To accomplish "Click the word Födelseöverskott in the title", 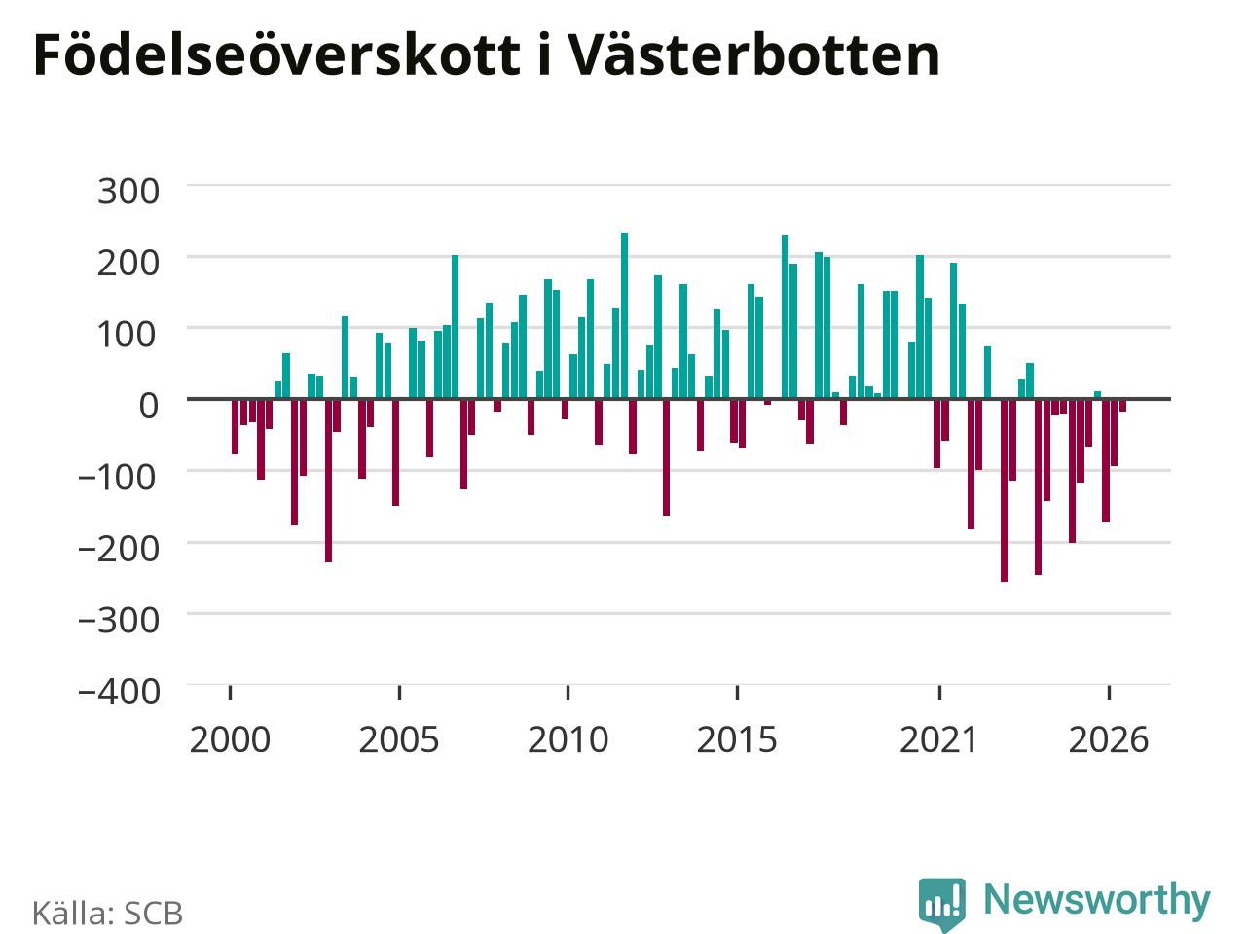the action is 277,54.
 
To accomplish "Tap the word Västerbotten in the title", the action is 753,54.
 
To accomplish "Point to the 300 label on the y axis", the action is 128,191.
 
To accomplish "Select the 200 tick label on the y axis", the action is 128,263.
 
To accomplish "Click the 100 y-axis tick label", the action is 128,334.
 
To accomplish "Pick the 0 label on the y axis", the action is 149,406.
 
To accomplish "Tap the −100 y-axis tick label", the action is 117,477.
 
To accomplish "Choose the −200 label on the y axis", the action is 119,549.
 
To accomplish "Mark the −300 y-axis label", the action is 119,620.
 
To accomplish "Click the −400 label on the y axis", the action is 119,692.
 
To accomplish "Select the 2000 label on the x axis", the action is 230,739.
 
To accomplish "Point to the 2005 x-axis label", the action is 399,739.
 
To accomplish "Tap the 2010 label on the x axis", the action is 568,739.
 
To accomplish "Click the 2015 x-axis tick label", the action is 737,739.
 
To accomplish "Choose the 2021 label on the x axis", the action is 939,739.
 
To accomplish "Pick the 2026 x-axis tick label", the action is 1109,739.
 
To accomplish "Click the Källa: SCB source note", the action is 107,913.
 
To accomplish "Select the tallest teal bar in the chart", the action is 624,315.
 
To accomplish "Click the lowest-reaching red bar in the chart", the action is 1005,490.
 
